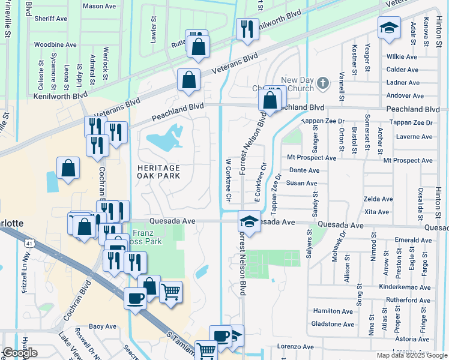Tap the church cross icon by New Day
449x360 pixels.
(x=322, y=83)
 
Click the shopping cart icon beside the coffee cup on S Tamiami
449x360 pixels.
(x=171, y=292)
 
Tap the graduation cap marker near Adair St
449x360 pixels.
(x=389, y=28)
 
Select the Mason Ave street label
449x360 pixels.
(x=99, y=6)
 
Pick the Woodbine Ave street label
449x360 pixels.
(x=55, y=44)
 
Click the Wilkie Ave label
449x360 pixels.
(x=402, y=57)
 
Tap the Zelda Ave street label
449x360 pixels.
(x=378, y=199)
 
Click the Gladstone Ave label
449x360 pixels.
(x=333, y=324)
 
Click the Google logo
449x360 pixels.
(x=20, y=353)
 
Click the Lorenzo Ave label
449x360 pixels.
(x=295, y=347)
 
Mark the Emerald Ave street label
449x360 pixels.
(x=397, y=240)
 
